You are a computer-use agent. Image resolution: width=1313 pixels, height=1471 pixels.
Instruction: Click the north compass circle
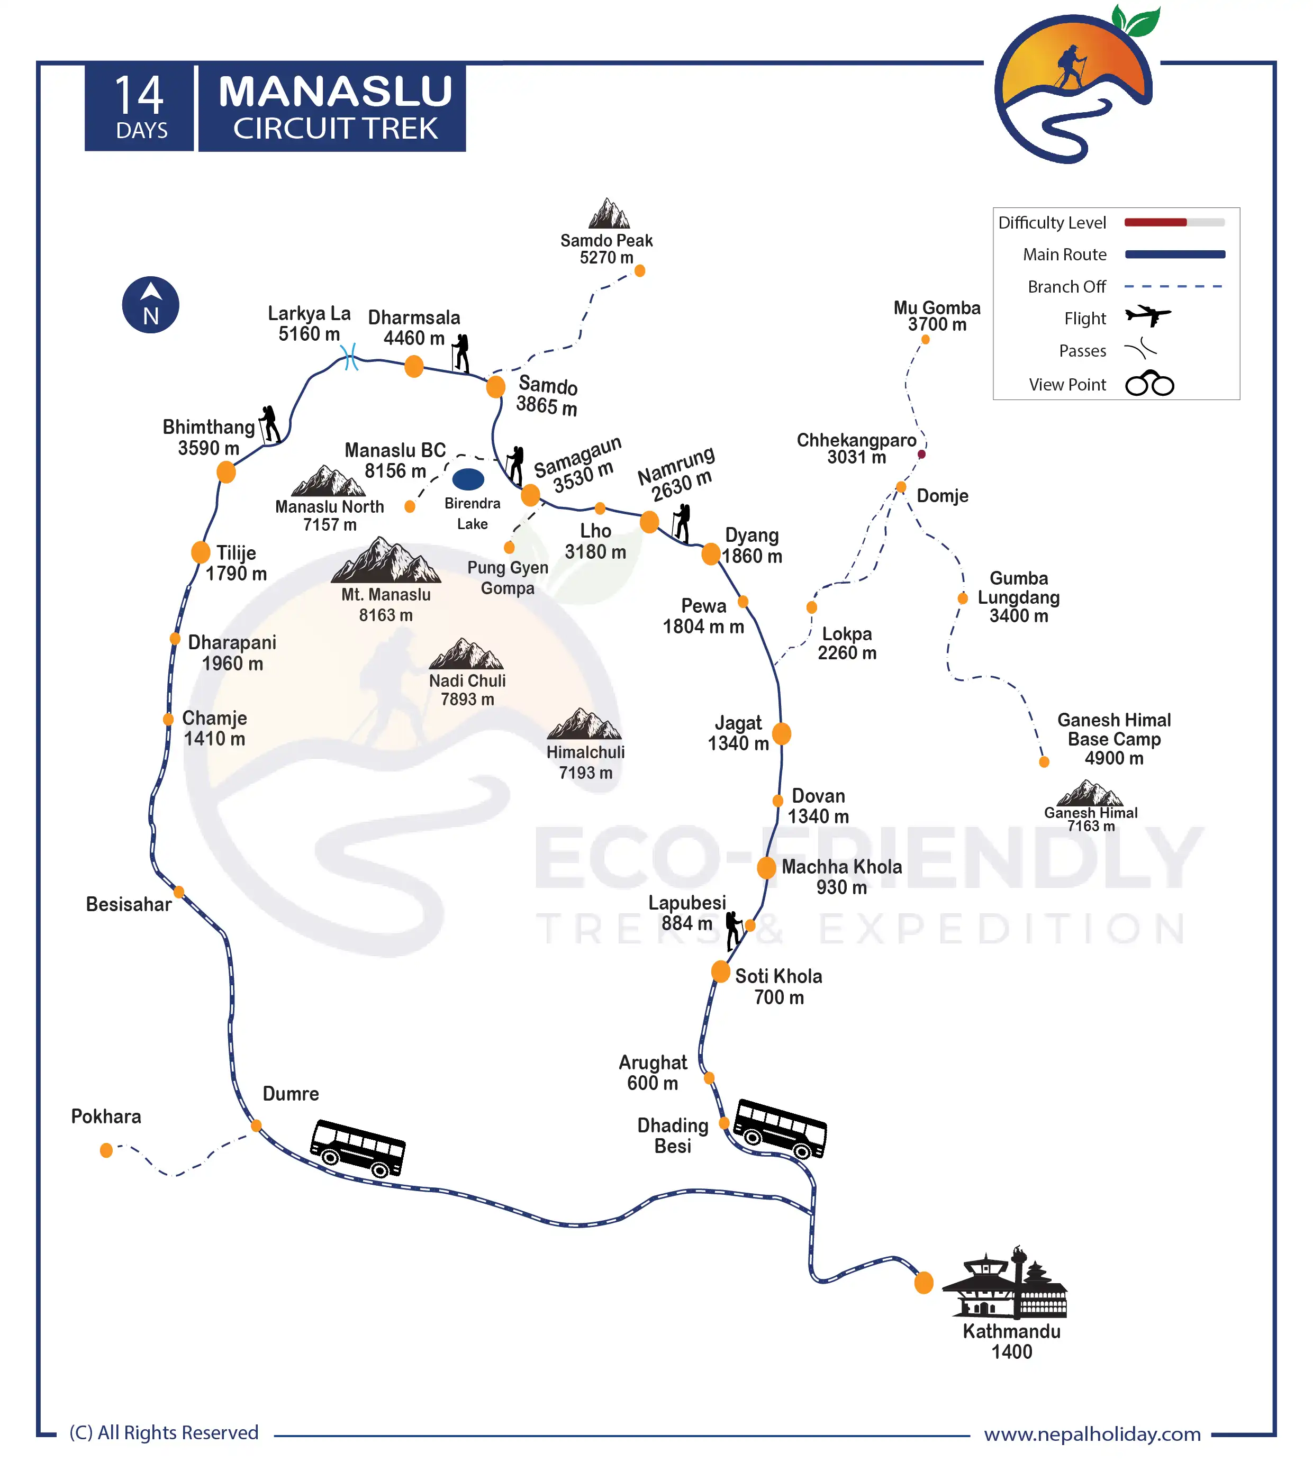(x=151, y=304)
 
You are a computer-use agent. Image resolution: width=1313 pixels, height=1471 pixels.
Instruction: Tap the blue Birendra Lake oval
(x=468, y=479)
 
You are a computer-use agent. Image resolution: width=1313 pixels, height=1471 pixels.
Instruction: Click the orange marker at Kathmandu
(x=924, y=1283)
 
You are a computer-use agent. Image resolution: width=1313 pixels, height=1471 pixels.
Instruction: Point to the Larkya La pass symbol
(x=350, y=357)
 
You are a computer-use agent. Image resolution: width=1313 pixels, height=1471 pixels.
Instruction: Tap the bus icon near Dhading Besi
(x=780, y=1128)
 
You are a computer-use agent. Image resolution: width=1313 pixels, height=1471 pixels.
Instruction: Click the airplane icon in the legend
(x=1148, y=316)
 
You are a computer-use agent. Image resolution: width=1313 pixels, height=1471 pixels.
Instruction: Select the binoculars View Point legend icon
(x=1150, y=384)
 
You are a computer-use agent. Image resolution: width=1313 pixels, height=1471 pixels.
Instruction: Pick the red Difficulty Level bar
(x=1156, y=222)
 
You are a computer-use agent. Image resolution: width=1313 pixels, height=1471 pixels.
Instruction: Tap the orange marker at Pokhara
(x=106, y=1150)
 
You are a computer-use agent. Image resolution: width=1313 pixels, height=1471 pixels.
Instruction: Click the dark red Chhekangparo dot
(x=922, y=455)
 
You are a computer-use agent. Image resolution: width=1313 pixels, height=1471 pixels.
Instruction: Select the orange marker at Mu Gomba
(x=926, y=339)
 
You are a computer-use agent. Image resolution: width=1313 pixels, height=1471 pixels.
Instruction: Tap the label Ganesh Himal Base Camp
(x=1114, y=739)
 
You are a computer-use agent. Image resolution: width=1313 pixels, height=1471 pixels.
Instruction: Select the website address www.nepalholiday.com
(x=1092, y=1433)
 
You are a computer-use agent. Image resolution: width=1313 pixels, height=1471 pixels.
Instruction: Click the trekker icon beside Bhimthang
(x=270, y=424)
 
